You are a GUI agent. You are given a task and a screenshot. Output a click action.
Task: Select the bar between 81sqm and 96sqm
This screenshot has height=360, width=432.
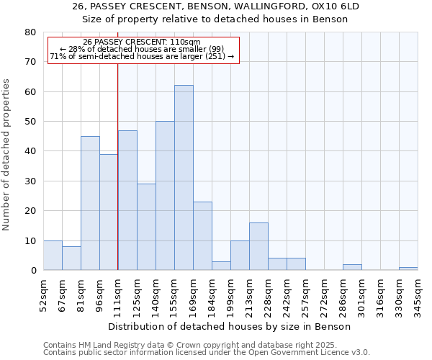coord(90,203)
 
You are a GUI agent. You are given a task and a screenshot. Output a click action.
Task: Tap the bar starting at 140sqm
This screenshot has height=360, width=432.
coord(165,196)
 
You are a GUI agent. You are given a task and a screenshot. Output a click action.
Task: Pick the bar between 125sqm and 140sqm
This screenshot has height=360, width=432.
coord(146,227)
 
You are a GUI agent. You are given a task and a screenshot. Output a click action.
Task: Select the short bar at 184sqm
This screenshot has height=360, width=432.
coord(221,266)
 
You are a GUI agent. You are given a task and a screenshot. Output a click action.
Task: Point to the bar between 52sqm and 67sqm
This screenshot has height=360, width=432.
coord(53,256)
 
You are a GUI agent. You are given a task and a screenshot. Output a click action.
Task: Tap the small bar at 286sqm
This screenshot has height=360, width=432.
coord(352,267)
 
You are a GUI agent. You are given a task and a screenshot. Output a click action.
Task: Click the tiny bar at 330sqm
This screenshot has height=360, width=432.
coord(408,269)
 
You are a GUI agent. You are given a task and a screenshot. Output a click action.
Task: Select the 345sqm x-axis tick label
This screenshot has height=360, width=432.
coord(418,295)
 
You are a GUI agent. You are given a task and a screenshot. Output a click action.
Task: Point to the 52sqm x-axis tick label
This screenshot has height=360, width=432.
coord(44,295)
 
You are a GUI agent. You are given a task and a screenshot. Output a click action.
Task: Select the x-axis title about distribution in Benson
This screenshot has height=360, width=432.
coord(234,326)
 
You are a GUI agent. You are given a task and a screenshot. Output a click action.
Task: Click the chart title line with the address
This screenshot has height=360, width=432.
coord(216,6)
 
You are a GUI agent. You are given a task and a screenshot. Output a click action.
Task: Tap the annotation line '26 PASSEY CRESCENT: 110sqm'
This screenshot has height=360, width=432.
coord(142,42)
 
